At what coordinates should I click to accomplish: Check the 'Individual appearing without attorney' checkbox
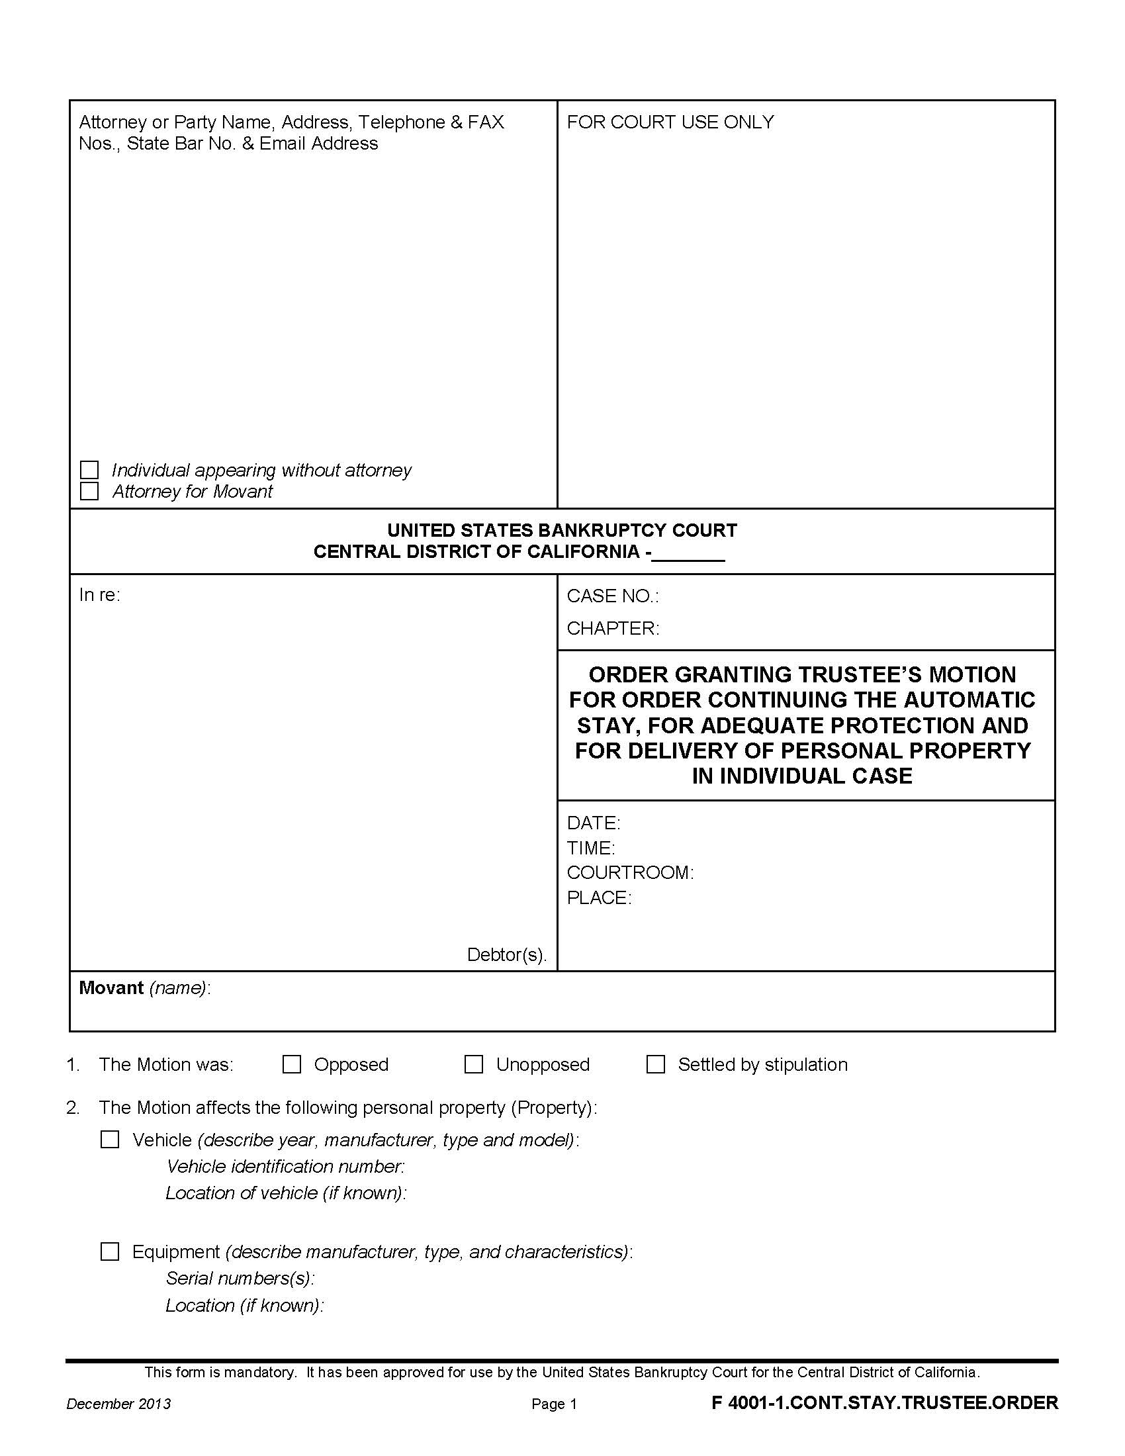tap(89, 470)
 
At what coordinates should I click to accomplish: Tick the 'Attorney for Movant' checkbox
tap(89, 491)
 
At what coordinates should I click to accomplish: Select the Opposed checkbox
tap(292, 1064)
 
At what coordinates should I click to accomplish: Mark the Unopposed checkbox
tap(474, 1064)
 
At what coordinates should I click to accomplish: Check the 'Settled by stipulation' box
tap(656, 1064)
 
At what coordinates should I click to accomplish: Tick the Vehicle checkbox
tap(110, 1140)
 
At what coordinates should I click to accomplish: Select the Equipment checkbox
tap(110, 1251)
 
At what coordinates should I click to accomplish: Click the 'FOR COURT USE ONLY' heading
tap(670, 122)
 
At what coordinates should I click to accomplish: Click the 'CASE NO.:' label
tap(613, 596)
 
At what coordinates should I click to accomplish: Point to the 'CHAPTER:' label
tap(613, 628)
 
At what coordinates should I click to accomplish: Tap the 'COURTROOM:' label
tap(630, 873)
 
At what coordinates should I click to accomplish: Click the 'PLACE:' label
tap(598, 898)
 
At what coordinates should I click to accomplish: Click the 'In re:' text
tap(99, 595)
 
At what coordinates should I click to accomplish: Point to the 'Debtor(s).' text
tap(506, 954)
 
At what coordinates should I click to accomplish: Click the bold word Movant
tap(111, 987)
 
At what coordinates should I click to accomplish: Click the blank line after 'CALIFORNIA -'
tap(688, 553)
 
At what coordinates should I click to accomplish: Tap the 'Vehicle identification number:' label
tap(285, 1166)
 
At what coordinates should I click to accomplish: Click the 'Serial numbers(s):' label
tap(240, 1278)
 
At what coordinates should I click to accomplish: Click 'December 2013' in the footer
tap(118, 1404)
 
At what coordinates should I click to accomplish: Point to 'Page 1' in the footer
tap(554, 1404)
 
